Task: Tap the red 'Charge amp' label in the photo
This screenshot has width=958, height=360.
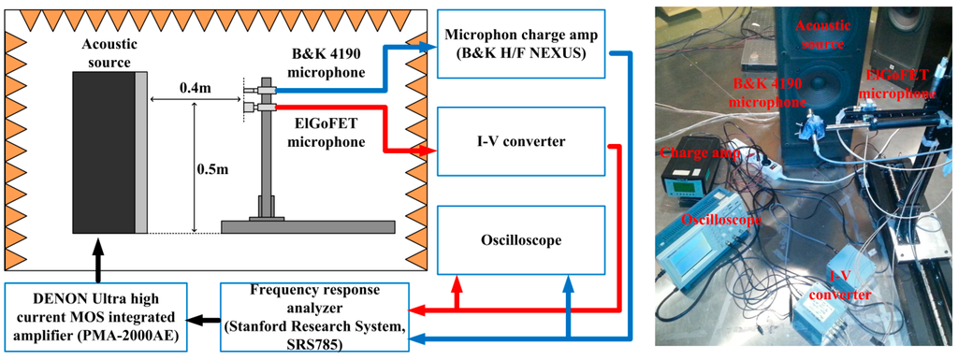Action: click(692, 151)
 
